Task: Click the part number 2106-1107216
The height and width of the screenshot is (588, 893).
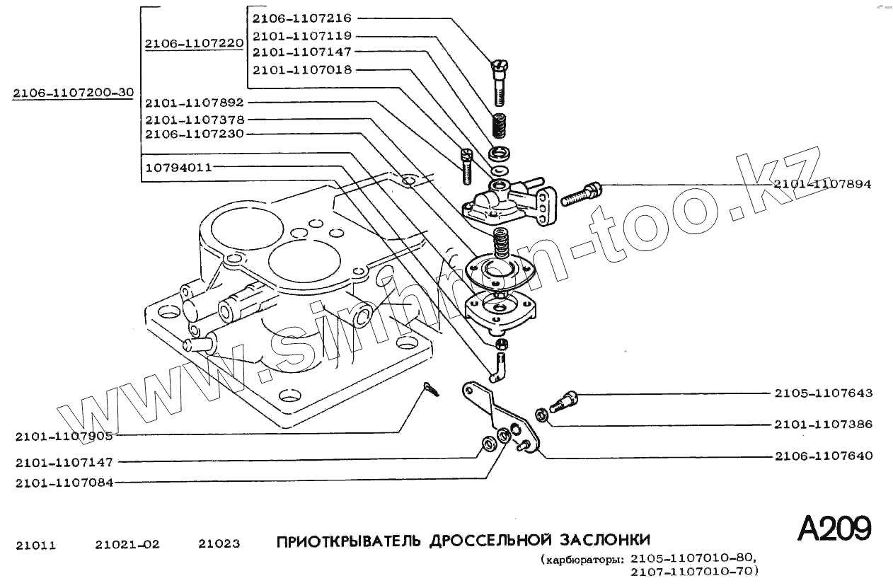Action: coord(302,18)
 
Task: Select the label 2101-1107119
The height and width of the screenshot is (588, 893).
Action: coord(302,35)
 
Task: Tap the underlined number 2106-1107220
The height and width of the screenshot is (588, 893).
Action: coord(195,44)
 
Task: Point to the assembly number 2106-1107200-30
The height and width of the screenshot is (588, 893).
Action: coord(73,93)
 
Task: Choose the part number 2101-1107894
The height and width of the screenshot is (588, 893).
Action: coord(822,184)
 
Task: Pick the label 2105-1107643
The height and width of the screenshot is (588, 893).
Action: coord(823,393)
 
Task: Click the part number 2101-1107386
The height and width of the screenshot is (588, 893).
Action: coord(823,425)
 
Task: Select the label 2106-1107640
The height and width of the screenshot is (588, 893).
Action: coord(823,456)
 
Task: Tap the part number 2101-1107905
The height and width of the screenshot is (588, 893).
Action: coord(64,437)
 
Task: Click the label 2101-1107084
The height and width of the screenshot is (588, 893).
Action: coord(64,483)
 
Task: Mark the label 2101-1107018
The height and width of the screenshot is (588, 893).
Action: coord(302,69)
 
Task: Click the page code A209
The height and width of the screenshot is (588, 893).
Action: coord(834,529)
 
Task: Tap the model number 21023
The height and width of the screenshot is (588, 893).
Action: coord(219,544)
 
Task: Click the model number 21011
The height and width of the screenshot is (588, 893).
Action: coord(35,545)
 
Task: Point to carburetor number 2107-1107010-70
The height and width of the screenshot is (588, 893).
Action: coord(693,570)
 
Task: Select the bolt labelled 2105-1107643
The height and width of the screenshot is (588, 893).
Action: coord(563,400)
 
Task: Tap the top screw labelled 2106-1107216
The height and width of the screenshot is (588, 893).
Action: coord(500,81)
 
